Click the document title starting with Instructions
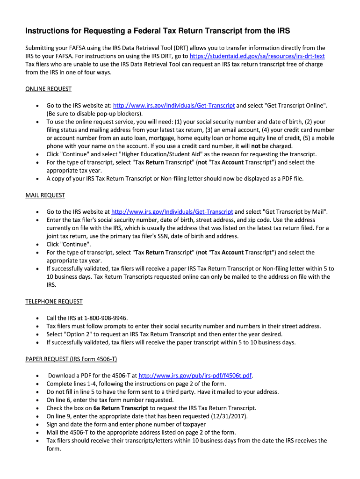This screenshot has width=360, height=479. pyautogui.click(x=158, y=31)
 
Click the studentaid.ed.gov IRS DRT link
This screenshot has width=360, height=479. pyautogui.click(x=257, y=56)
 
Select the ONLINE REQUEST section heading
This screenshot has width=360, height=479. pyautogui.click(x=48, y=89)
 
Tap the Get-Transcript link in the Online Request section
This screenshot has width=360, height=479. pyautogui.click(x=174, y=106)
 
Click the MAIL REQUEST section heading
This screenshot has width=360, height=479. pyautogui.click(x=45, y=195)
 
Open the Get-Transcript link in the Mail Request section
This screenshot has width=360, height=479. pyautogui.click(x=172, y=212)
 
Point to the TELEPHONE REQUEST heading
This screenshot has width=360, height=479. pyautogui.click(x=54, y=302)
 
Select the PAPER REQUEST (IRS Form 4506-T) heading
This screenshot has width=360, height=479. pyautogui.click(x=71, y=359)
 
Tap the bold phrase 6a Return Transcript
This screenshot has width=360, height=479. pyautogui.click(x=121, y=408)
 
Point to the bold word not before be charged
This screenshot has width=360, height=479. pyautogui.click(x=256, y=145)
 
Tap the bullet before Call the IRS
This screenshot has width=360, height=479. pyautogui.click(x=37, y=318)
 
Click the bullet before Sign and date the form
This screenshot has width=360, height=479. pyautogui.click(x=37, y=424)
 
